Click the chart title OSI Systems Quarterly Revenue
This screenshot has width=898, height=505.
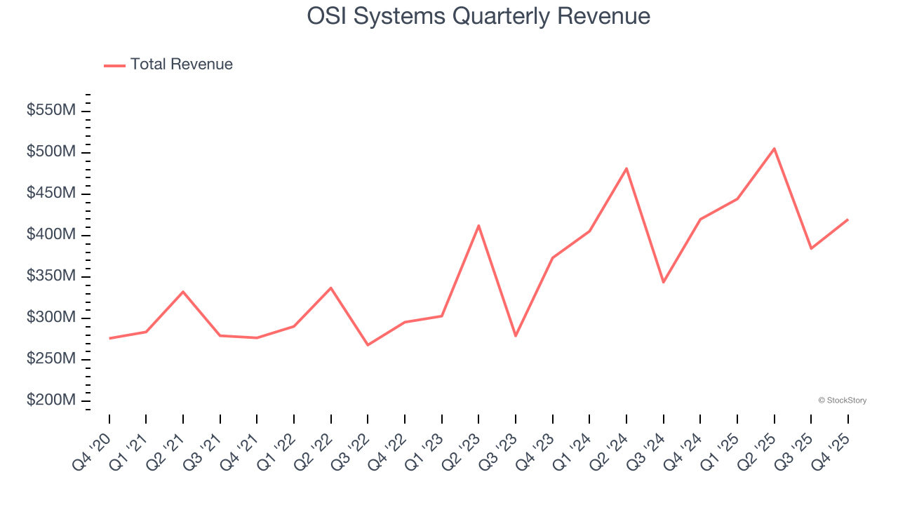478,16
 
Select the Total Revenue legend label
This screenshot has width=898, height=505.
181,65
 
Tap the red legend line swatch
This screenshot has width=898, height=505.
114,65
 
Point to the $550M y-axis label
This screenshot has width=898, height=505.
51,111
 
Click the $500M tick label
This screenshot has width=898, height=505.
51,152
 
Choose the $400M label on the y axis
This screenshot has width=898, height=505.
51,235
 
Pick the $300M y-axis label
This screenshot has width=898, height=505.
51,318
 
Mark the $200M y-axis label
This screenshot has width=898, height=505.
51,400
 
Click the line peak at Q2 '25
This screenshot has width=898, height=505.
774,149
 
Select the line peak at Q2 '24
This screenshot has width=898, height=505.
626,168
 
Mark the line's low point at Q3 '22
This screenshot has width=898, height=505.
368,344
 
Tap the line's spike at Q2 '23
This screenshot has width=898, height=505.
478,226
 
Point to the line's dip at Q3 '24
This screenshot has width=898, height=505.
663,282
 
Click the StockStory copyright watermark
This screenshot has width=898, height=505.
842,400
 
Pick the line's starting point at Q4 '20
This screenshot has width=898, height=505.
109,338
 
